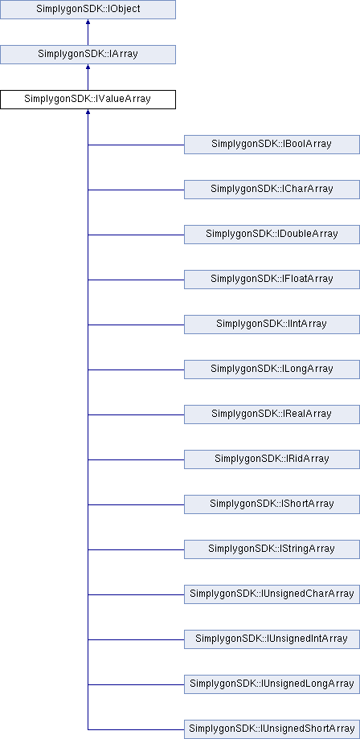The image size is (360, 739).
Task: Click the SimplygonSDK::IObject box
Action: pyautogui.click(x=88, y=10)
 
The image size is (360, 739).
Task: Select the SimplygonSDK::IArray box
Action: pyautogui.click(x=88, y=54)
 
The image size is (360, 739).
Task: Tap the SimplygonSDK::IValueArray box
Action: pyautogui.click(x=88, y=100)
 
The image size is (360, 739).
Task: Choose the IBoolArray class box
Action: pyautogui.click(x=272, y=145)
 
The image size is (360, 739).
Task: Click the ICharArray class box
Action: pyautogui.click(x=272, y=190)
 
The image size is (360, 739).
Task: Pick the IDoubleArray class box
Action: pyautogui.click(x=272, y=235)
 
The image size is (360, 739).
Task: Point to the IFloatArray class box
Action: pyautogui.click(x=272, y=280)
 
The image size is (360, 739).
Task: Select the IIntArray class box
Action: pyautogui.click(x=272, y=325)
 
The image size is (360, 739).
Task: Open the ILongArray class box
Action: pyautogui.click(x=272, y=369)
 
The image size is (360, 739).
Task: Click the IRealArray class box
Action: pyautogui.click(x=272, y=414)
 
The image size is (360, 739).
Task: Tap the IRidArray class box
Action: pyautogui.click(x=272, y=459)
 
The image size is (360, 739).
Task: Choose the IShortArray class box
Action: pyautogui.click(x=272, y=504)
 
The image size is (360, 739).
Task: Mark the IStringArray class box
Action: pyautogui.click(x=272, y=549)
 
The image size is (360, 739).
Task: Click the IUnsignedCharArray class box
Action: pyautogui.click(x=272, y=594)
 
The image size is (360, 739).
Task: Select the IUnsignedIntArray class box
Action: pyautogui.click(x=272, y=639)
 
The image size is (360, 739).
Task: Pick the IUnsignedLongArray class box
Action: pyautogui.click(x=272, y=684)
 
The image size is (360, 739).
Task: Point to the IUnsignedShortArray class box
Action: pyautogui.click(x=272, y=729)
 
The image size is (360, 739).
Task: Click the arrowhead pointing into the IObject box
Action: pyautogui.click(x=88, y=22)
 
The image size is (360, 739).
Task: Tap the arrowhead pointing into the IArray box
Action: pyautogui.click(x=88, y=67)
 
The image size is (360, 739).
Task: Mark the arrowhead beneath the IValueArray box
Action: pyautogui.click(x=88, y=112)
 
